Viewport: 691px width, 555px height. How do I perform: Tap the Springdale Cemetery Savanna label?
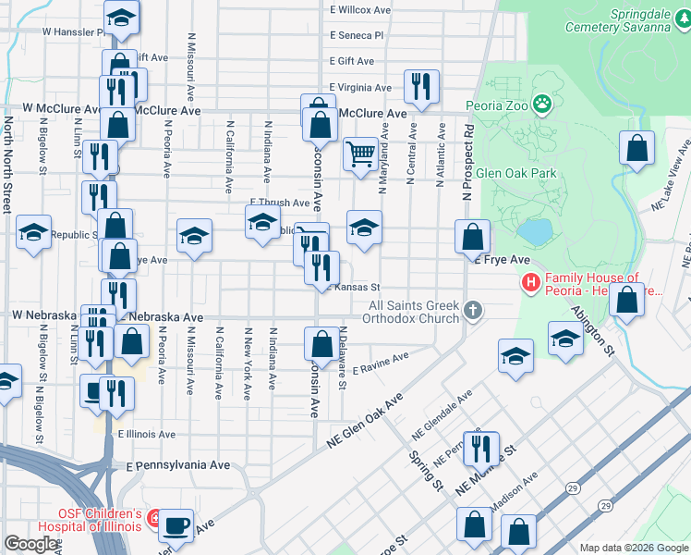click(639, 21)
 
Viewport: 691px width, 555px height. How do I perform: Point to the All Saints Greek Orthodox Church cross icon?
click(473, 310)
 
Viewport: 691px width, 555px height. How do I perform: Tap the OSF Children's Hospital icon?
click(153, 520)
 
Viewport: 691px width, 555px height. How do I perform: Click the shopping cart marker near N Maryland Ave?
click(359, 154)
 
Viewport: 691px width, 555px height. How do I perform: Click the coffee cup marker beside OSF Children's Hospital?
click(176, 525)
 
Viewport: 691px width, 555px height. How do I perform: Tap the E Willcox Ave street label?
click(361, 10)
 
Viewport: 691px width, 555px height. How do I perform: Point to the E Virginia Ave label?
click(360, 88)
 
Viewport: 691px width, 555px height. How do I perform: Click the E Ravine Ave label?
click(380, 363)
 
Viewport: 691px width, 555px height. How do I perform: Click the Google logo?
click(31, 544)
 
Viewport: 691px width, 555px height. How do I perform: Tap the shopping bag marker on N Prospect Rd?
click(473, 238)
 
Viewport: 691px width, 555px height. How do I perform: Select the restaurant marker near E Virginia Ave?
click(421, 87)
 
